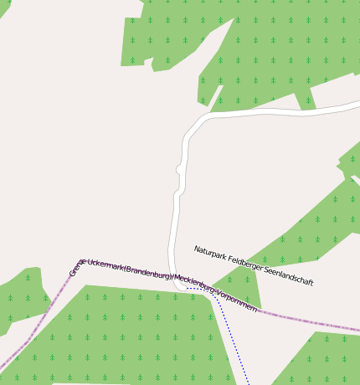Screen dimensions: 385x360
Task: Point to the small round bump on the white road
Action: (179, 170)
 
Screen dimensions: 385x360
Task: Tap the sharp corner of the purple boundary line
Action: (81, 261)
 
